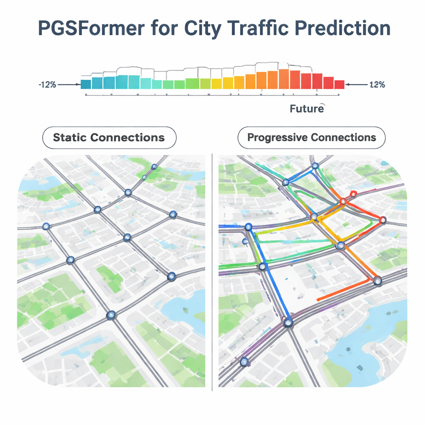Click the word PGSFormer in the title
pos(91,28)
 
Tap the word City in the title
pos(203,29)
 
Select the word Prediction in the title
pos(342,28)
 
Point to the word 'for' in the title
pos(164,28)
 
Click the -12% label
pos(47,85)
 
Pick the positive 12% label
pos(377,85)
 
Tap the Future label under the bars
pos(307,109)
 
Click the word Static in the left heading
pos(70,137)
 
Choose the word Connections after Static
pos(127,137)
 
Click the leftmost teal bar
pos(86,84)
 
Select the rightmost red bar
pos(340,85)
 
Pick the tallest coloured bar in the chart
pos(284,79)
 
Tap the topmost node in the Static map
pos(154,166)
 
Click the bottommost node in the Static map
pos(110,315)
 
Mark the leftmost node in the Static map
pos(46,226)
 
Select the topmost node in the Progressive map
pos(315,166)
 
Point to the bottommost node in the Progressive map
pos(244,361)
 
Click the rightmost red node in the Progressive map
pos(383,220)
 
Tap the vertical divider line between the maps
pos(212,272)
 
